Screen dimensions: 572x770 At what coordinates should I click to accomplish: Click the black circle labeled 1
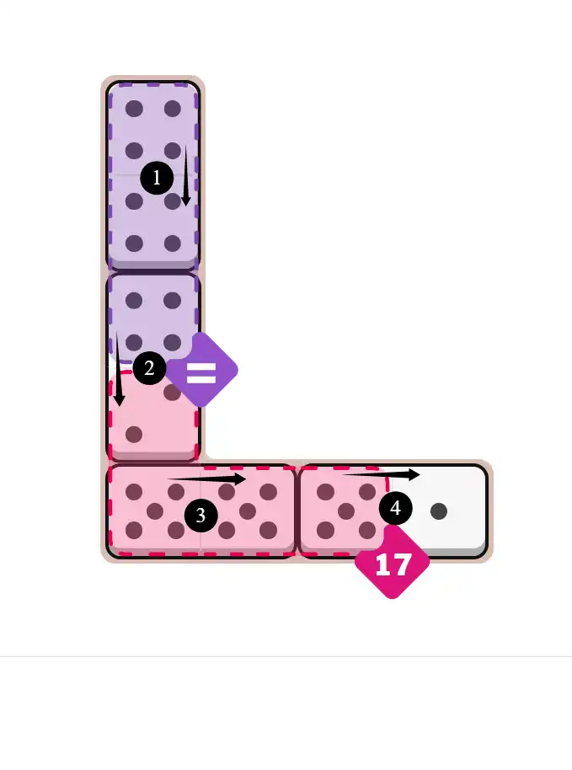pyautogui.click(x=157, y=177)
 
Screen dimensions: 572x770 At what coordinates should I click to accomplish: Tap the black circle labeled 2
pyautogui.click(x=149, y=368)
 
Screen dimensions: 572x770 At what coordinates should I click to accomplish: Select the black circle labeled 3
pyautogui.click(x=200, y=515)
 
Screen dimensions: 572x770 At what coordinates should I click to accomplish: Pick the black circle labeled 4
pyautogui.click(x=396, y=508)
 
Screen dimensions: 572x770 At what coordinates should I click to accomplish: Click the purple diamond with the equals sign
pyautogui.click(x=202, y=370)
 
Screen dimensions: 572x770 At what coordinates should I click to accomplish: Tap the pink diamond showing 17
pyautogui.click(x=393, y=564)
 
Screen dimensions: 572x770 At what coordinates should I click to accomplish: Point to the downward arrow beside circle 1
pyautogui.click(x=186, y=175)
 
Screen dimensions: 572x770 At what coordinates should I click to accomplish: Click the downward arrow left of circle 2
pyautogui.click(x=118, y=369)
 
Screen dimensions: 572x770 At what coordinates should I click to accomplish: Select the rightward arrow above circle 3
pyautogui.click(x=206, y=479)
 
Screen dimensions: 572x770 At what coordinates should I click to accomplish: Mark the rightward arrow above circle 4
pyautogui.click(x=381, y=474)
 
